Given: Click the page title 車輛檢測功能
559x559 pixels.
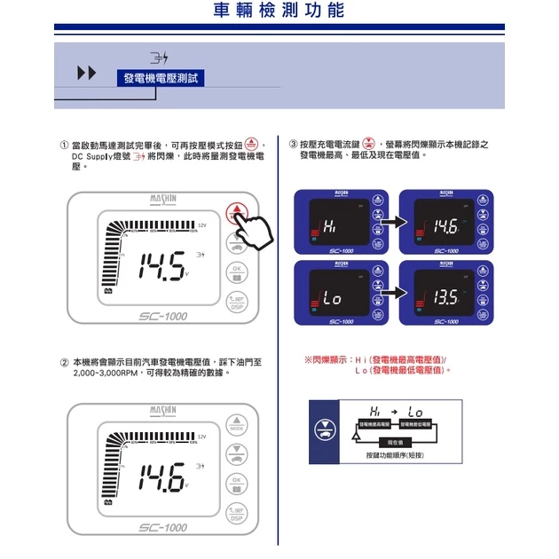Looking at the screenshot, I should tap(279, 12).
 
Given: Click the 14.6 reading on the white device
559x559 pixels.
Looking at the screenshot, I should tap(161, 479).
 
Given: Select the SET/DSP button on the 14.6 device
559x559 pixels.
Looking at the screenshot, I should tap(237, 513).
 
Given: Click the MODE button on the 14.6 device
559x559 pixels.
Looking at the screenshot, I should tap(237, 424).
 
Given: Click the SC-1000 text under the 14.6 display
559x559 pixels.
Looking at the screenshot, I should tap(163, 528).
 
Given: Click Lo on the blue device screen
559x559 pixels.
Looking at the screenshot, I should tap(332, 299).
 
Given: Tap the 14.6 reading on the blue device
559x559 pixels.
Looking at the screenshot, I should tap(445, 226).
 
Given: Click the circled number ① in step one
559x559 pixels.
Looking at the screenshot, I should tap(64, 144).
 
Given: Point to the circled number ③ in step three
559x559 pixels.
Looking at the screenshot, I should tap(293, 144).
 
